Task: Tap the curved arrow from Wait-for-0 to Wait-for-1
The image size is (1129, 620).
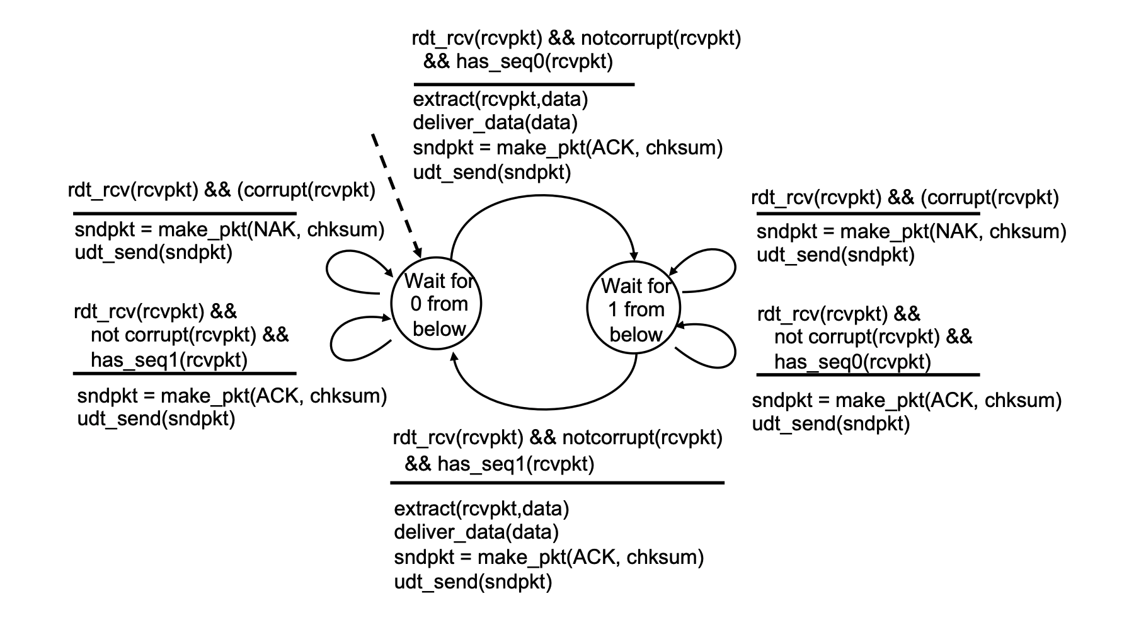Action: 542,204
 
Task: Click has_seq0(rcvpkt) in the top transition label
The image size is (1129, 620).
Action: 534,62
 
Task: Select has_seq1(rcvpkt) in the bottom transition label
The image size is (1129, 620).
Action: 515,464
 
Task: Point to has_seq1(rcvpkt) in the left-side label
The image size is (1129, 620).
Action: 169,360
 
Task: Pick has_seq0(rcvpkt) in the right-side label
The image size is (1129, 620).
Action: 852,362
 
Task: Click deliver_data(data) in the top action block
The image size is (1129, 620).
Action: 495,123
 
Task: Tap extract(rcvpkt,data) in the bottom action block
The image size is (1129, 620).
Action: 481,508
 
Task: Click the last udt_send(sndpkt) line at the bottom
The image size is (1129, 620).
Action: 473,582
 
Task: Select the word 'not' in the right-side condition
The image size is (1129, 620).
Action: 787,337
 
